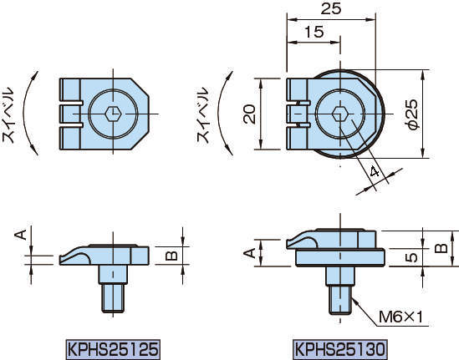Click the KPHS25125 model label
[113, 349]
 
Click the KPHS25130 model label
[340, 349]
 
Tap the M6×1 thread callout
[401, 317]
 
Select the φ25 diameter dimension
[412, 114]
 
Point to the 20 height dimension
[249, 114]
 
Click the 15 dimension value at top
[314, 32]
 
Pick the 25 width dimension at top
[331, 8]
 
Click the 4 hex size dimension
[375, 171]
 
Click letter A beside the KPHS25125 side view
[21, 235]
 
